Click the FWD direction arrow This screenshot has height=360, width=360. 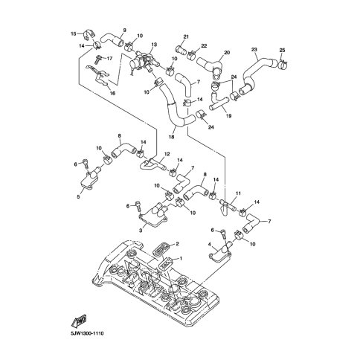[79, 321]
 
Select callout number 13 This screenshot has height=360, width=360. [154, 45]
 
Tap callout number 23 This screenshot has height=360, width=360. [254, 50]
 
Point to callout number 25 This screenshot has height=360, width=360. [282, 50]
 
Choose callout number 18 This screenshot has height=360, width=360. [171, 137]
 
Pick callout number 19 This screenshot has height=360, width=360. [228, 115]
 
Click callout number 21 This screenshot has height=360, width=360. [186, 37]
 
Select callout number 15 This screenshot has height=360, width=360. [74, 33]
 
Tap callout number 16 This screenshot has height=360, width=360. [112, 93]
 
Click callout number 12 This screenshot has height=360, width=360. [167, 154]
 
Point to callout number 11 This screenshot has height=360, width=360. [238, 193]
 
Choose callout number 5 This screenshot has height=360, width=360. [78, 197]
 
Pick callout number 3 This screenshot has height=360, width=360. [141, 231]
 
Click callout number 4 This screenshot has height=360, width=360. [210, 245]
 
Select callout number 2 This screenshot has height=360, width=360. [177, 244]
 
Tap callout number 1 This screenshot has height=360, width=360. [181, 259]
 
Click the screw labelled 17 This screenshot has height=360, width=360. [97, 60]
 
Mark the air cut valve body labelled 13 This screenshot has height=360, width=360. [144, 62]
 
